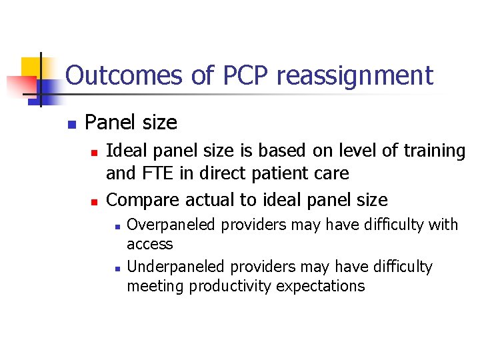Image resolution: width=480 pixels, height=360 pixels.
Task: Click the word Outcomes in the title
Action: coord(123,75)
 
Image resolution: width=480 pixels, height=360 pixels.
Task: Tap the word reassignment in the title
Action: coord(355,75)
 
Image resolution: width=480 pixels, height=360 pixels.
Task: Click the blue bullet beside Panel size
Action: coord(72,124)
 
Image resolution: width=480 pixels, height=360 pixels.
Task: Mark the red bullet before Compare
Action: coord(94,201)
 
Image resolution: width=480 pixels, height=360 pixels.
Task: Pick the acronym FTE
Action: coord(155,174)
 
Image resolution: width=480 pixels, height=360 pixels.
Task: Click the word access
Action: coord(149,245)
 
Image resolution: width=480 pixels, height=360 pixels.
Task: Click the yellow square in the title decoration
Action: coord(31,67)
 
